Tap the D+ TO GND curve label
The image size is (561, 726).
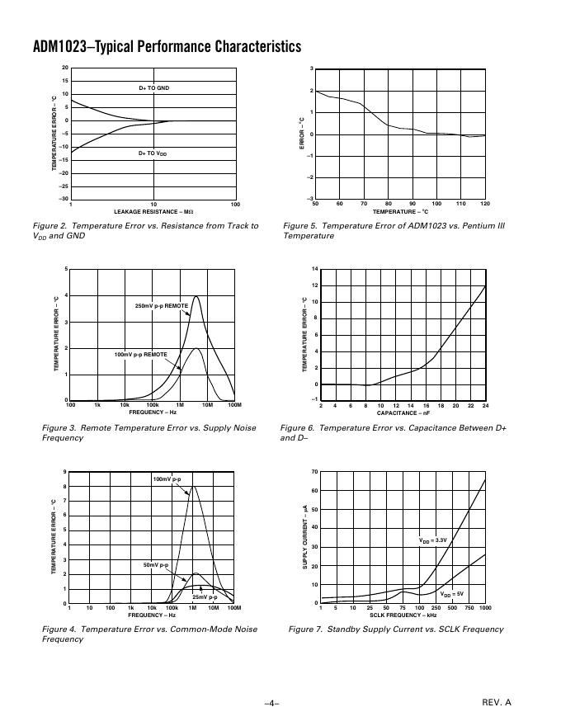pos(153,87)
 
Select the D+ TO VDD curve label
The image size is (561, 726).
pos(153,153)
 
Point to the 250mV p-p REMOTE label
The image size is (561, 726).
pos(162,306)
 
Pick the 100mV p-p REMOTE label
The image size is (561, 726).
pos(140,354)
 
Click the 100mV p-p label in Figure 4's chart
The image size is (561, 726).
pos(167,479)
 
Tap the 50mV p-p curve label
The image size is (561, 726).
pos(156,565)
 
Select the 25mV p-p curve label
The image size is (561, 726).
pos(205,596)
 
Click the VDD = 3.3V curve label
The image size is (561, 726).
pos(433,540)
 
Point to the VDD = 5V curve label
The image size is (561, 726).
pos(452,594)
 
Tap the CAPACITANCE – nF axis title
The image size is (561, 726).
pos(403,412)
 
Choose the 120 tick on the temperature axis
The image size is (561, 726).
pos(484,204)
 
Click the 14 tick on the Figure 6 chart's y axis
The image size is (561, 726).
pos(314,269)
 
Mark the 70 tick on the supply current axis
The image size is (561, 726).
pos(314,471)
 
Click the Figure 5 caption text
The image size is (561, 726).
pos(394,230)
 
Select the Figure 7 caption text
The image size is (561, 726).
pos(395,629)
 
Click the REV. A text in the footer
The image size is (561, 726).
pos(497,702)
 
